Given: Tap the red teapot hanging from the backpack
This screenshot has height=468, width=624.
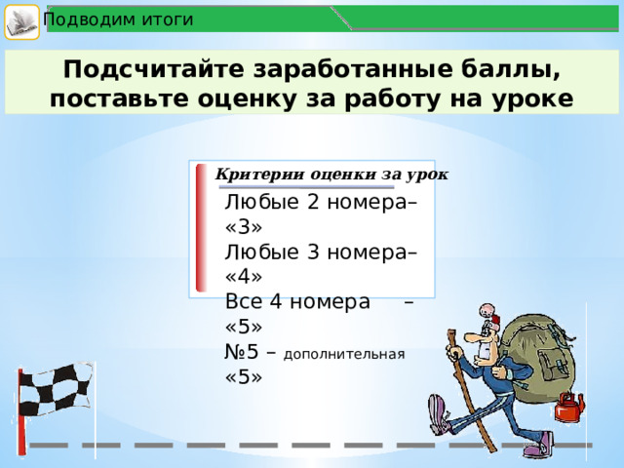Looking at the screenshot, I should click(x=568, y=407).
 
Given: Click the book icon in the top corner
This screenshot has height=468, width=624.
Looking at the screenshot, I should click(x=20, y=20).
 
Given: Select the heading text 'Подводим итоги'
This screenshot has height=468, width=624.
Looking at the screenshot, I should click(x=118, y=19).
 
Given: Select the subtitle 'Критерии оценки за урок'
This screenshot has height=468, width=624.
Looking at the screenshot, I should click(x=331, y=174).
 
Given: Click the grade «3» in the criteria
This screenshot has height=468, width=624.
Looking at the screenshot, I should click(x=243, y=228).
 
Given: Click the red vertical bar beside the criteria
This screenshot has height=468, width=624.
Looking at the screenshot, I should click(x=201, y=228).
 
